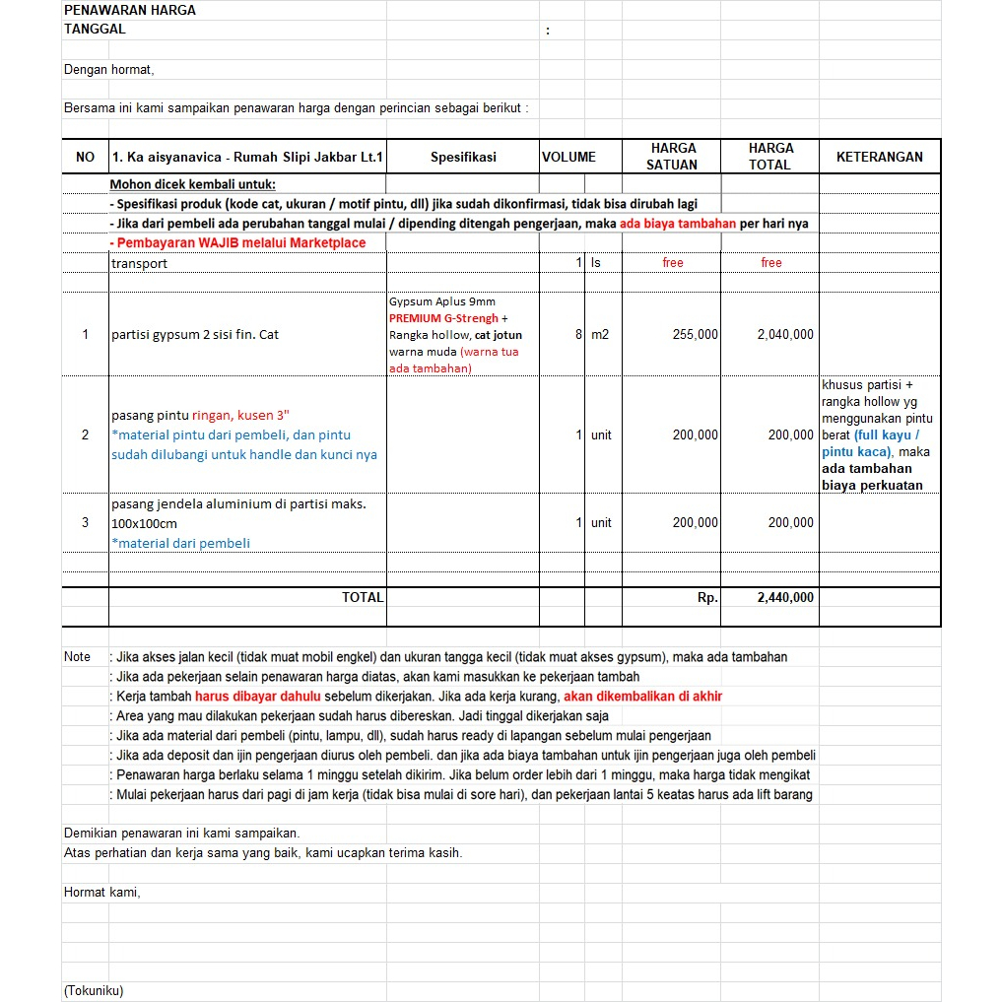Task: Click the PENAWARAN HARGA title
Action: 129,10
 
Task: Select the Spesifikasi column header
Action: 463,157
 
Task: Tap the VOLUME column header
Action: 568,157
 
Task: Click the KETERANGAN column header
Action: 879,157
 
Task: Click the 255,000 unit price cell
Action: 696,335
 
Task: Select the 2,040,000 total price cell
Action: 785,335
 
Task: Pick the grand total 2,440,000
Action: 785,597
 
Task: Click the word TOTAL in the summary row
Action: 362,597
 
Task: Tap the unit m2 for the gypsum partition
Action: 600,335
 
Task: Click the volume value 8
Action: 579,335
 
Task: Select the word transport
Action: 139,263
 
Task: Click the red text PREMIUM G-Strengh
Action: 443,318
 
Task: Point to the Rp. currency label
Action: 707,597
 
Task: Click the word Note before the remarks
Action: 77,656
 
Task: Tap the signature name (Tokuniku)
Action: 94,991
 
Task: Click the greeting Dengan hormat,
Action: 108,70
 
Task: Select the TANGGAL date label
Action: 95,29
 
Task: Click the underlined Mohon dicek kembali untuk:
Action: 192,184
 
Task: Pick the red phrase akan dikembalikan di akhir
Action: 642,696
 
